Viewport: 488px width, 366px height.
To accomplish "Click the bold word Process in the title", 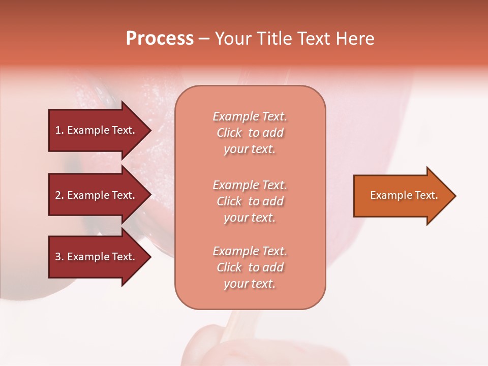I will pyautogui.click(x=160, y=39).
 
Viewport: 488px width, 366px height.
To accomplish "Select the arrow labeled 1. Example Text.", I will pyautogui.click(x=97, y=130).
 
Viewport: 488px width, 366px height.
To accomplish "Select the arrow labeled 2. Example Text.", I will pyautogui.click(x=97, y=195).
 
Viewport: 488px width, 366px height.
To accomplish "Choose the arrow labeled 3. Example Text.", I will pyautogui.click(x=97, y=257).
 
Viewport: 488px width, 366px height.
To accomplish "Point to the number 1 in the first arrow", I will pyautogui.click(x=58, y=130).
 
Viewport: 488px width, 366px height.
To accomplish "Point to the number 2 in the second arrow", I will pyautogui.click(x=58, y=195).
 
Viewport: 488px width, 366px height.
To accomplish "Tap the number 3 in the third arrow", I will pyautogui.click(x=58, y=257).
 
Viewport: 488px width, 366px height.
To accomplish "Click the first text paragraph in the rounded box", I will pyautogui.click(x=250, y=133).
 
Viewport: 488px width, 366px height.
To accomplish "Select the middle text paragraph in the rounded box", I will pyautogui.click(x=250, y=201).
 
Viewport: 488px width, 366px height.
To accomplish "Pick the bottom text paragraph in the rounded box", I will pyautogui.click(x=250, y=267).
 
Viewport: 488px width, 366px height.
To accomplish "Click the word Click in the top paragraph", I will pyautogui.click(x=229, y=133).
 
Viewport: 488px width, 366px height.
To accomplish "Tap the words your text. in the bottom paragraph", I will pyautogui.click(x=250, y=284).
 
